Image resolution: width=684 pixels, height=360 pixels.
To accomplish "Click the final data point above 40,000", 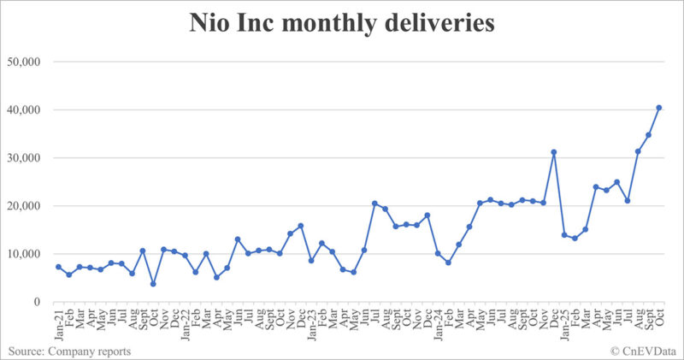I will point(659,108).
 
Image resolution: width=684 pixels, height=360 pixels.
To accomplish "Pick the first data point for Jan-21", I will point(58,267).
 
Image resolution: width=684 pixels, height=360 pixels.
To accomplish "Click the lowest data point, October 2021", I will point(153,284).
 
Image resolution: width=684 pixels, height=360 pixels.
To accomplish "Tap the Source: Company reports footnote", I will point(70,351).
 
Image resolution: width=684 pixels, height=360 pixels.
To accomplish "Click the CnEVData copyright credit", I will point(643,351).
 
